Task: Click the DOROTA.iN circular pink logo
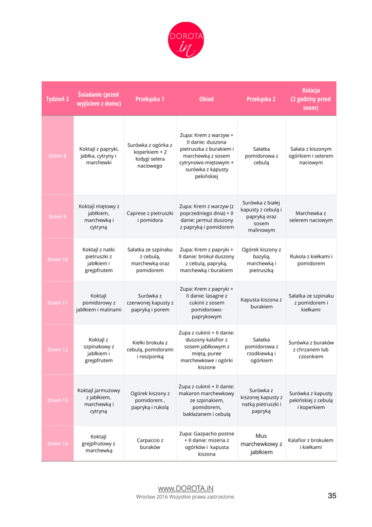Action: click(186, 40)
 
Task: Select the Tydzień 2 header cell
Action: click(58, 99)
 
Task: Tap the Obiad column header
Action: click(207, 99)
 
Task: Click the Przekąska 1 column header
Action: click(150, 99)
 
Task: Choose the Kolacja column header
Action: click(311, 99)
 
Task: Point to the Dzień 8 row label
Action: click(58, 156)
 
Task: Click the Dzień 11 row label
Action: click(58, 303)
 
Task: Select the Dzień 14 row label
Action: click(58, 444)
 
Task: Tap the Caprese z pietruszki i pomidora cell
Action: click(150, 217)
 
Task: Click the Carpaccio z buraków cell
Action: click(150, 444)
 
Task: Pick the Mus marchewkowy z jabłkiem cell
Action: click(262, 444)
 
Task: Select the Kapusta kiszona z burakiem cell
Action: click(262, 303)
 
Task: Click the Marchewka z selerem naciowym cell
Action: click(311, 217)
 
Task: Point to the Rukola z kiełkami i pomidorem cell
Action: click(311, 259)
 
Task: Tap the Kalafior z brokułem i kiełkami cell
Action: click(311, 444)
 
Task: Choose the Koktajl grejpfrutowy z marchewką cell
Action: click(99, 444)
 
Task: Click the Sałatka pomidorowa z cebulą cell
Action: click(262, 155)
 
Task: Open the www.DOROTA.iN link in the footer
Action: click(185, 488)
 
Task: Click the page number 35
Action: click(332, 496)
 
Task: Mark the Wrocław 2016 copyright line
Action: click(185, 497)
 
